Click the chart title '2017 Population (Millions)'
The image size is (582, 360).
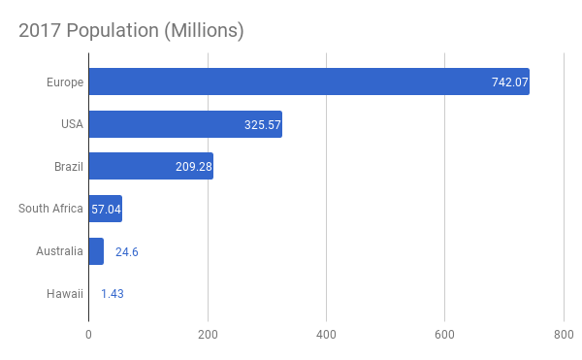131,30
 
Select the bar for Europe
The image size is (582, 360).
309,82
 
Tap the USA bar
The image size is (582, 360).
185,124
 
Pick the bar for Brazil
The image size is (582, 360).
151,166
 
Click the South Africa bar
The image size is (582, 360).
106,209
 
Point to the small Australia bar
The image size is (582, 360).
96,251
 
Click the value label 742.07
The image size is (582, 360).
509,82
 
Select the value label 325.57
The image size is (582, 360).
263,125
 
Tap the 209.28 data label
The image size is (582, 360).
194,167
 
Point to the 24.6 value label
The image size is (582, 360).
127,252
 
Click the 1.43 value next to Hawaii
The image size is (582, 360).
113,294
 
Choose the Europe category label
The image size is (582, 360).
65,82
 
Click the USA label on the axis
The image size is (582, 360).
72,124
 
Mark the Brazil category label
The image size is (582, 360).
69,166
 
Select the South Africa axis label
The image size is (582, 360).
50,209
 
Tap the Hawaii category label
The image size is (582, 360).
65,294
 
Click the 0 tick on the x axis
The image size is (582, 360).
88,335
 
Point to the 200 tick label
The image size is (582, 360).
208,335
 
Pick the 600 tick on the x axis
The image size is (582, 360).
444,335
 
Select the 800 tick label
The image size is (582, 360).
564,335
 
